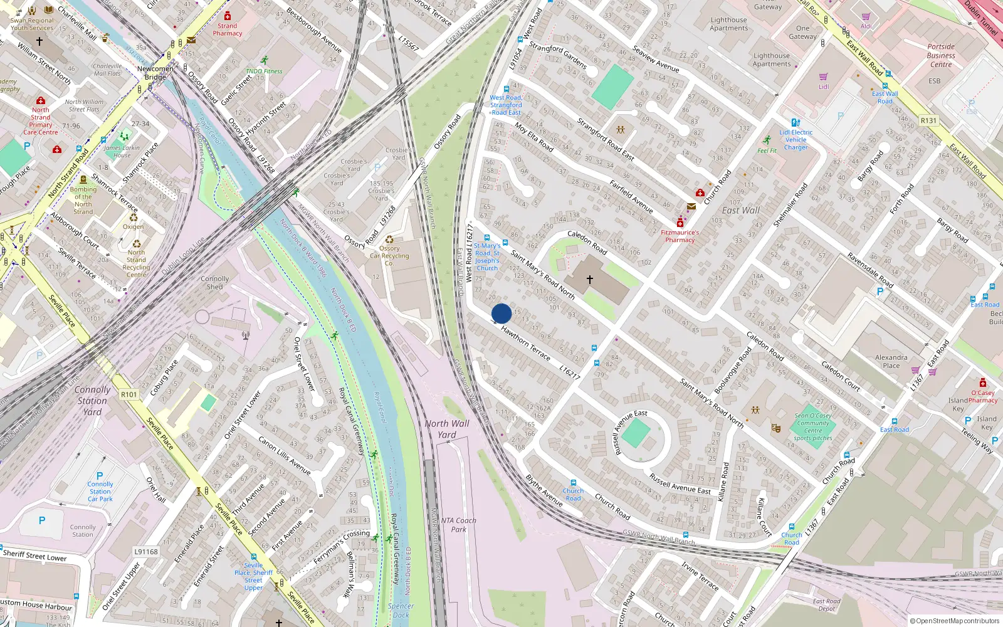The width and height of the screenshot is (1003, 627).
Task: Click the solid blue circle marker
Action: pyautogui.click(x=501, y=313)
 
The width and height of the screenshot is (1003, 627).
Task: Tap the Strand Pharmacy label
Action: pyautogui.click(x=227, y=29)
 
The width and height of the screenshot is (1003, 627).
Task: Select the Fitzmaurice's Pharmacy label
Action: pyautogui.click(x=680, y=236)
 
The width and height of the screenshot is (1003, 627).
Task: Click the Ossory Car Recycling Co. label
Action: pyautogui.click(x=389, y=255)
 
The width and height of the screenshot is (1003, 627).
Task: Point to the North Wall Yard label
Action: pyautogui.click(x=447, y=429)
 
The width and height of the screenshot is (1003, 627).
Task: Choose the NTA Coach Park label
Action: pyautogui.click(x=458, y=525)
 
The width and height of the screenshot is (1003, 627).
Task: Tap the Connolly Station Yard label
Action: pyautogui.click(x=92, y=401)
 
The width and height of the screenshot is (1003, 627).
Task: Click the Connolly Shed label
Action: pyautogui.click(x=215, y=283)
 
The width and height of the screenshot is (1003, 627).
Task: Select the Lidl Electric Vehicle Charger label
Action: pyautogui.click(x=796, y=140)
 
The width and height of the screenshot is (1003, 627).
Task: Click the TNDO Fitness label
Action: pyautogui.click(x=264, y=71)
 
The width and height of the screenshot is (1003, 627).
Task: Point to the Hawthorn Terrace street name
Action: pyautogui.click(x=525, y=343)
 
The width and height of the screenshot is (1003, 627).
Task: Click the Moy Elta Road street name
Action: pyautogui.click(x=534, y=137)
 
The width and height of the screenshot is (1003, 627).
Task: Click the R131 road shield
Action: pyautogui.click(x=928, y=120)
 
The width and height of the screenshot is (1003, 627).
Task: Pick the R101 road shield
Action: pyautogui.click(x=129, y=394)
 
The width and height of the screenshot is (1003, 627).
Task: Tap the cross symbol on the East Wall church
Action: pyautogui.click(x=589, y=279)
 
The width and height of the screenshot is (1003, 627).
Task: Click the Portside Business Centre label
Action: pyautogui.click(x=941, y=55)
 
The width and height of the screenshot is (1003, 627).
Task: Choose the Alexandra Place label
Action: pyautogui.click(x=891, y=361)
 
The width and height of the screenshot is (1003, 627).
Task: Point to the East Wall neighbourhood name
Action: pyautogui.click(x=740, y=211)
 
